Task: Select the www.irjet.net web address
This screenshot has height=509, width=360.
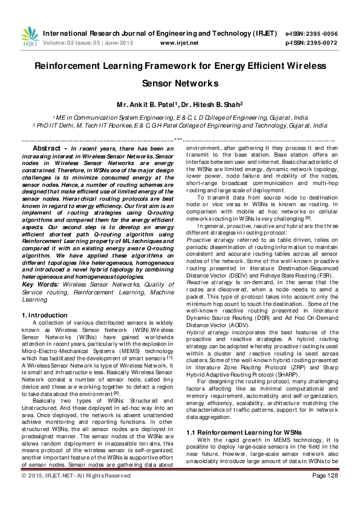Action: [x=179, y=43]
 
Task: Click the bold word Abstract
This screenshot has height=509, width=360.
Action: [x=48, y=148]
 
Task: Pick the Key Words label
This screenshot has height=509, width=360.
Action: [x=38, y=284]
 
